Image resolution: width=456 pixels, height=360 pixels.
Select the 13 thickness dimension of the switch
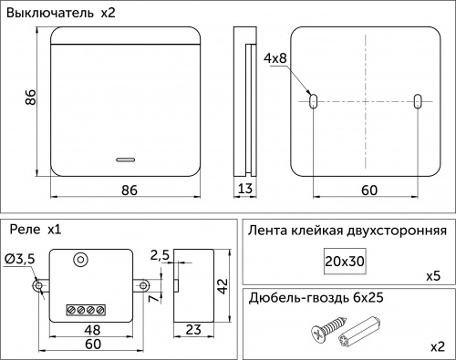(244, 190)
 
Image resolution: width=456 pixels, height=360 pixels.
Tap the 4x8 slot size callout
(275, 58)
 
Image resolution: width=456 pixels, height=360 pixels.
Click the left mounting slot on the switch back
(313, 101)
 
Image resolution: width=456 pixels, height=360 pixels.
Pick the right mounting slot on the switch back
(417, 101)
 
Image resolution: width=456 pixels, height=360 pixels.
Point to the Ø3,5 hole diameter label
(20, 260)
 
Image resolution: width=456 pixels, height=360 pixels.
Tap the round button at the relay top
(82, 260)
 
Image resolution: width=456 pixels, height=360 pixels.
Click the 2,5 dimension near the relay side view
(160, 254)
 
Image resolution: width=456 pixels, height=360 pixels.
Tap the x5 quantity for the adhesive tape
(434, 275)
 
